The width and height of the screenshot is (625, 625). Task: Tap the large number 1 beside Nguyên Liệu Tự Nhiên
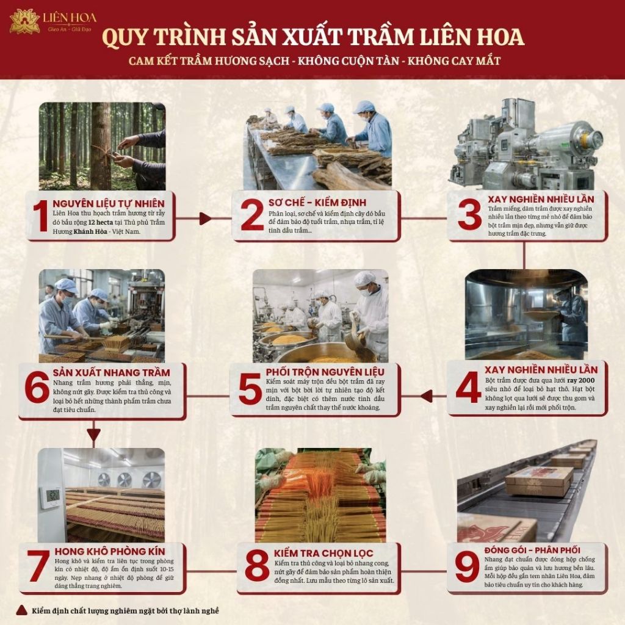click(x=40, y=215)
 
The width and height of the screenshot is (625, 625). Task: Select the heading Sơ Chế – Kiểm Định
click(x=317, y=203)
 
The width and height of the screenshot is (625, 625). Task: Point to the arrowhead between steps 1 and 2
click(x=205, y=219)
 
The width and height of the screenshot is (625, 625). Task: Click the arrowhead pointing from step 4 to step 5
click(x=426, y=396)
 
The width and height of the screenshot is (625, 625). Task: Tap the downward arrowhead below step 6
click(x=93, y=435)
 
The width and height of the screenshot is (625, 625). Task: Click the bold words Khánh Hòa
click(x=90, y=231)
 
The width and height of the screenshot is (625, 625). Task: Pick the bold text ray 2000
click(x=581, y=380)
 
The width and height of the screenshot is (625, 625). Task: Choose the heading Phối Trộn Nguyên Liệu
click(x=325, y=372)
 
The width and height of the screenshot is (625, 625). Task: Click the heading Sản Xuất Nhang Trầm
click(x=112, y=373)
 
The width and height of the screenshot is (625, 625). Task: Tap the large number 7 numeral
click(x=38, y=565)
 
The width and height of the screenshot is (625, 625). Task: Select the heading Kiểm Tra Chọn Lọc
click(x=323, y=553)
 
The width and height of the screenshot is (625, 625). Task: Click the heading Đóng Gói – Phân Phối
click(x=532, y=551)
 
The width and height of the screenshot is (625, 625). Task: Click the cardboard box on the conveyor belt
click(x=540, y=481)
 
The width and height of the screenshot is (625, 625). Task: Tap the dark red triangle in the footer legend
click(x=21, y=610)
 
